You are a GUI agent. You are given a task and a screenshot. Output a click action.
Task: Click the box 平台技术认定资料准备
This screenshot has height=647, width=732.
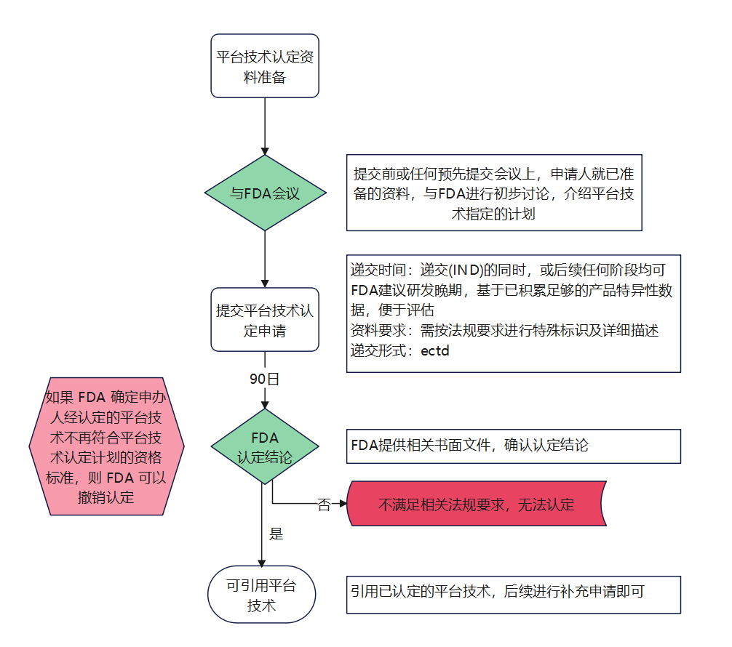click(265, 65)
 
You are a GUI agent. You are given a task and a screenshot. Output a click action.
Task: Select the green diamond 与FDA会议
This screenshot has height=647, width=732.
click(265, 193)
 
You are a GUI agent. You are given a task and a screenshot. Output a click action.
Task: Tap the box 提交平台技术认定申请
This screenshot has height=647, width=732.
click(265, 319)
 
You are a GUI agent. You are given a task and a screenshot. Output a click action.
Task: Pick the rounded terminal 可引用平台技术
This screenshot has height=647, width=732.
click(262, 595)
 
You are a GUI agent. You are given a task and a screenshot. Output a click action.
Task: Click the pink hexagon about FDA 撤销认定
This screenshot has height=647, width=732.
click(106, 446)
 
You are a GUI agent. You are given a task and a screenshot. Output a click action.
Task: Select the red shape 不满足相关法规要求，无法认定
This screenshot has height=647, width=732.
click(477, 504)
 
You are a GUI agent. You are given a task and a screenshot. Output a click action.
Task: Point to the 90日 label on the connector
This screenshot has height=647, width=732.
click(264, 379)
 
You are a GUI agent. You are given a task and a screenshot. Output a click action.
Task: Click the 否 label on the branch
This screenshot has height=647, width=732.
click(324, 505)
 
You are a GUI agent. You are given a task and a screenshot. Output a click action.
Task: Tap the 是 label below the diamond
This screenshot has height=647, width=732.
click(276, 534)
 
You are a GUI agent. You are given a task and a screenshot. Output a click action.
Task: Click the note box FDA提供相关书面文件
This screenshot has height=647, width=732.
click(513, 446)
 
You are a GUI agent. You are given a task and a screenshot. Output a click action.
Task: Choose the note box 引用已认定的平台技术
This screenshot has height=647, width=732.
click(513, 593)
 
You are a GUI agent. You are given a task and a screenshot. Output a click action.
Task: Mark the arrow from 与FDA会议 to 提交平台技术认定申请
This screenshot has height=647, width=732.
click(265, 258)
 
